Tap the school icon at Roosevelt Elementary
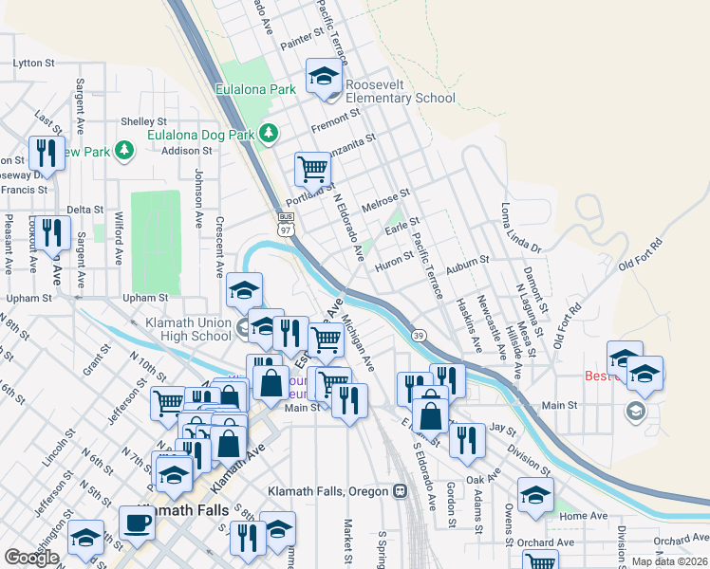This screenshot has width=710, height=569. click(323, 76)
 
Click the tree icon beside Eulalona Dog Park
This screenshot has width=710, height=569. click(270, 133)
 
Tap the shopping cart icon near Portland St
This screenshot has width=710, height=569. click(311, 169)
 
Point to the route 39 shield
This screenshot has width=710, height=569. click(418, 335)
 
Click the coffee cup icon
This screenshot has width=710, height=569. click(137, 522)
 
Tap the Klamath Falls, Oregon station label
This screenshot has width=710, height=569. click(328, 491)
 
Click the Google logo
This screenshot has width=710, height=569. click(32, 558)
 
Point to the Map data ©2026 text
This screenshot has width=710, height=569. click(670, 561)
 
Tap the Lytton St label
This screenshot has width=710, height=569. click(33, 64)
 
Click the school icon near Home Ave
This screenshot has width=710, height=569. click(535, 494)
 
